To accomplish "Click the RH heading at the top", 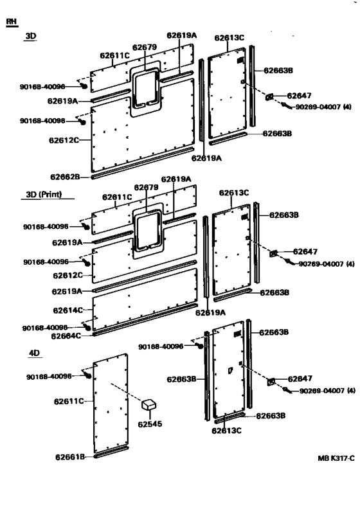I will pos(11,22).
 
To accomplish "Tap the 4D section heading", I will pos(34,353).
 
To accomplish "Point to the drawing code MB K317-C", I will pos(336,459).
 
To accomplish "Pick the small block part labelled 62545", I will pos(150,405).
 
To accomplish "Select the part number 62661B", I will pos(71,457).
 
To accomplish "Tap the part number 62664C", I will pos(67,335).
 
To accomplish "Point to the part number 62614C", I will pos(67,310).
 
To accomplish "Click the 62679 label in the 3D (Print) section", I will pos(146,188).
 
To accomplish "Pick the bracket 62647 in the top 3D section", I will pos(271,97).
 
